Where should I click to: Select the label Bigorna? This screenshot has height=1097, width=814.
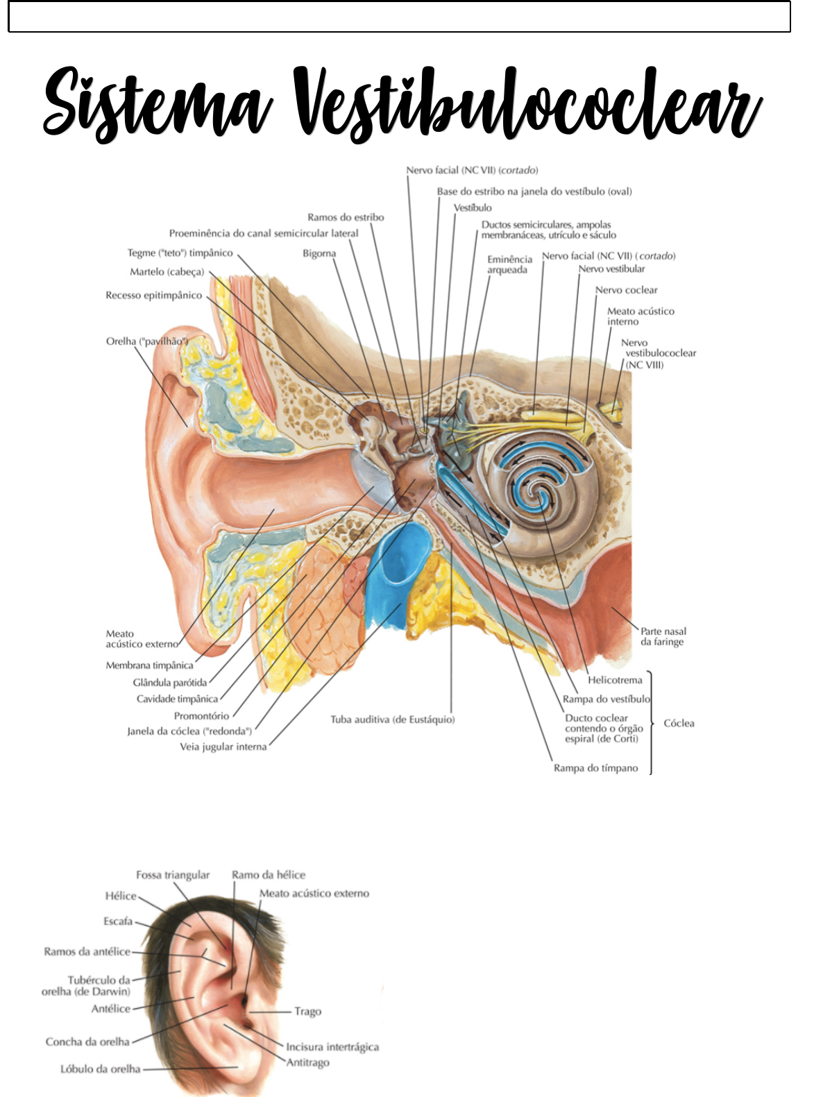pos(319,254)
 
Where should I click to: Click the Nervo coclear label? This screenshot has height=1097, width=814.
pos(626,290)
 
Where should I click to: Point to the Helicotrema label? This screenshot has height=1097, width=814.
pos(615,680)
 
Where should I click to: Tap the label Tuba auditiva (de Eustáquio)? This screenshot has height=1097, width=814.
pos(392,720)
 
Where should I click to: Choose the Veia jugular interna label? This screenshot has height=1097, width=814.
pos(223,747)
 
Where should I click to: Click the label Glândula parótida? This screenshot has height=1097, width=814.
pos(170,683)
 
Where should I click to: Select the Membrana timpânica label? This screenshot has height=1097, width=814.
pos(149,665)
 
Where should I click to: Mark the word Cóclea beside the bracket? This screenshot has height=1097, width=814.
pos(679,724)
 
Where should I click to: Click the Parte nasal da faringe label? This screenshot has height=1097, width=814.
pos(663,636)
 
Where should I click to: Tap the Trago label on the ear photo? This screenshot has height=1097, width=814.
pos(308,1012)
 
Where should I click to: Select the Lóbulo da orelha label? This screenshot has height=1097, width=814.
pos(101,1069)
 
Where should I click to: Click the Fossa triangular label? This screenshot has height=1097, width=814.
pos(173,875)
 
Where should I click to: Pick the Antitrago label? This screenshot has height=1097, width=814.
pos(308,1062)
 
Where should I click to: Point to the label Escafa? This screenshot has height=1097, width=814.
pos(118,921)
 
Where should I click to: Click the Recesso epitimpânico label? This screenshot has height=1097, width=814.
pos(154,296)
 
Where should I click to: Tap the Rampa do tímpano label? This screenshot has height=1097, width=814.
pos(596,768)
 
